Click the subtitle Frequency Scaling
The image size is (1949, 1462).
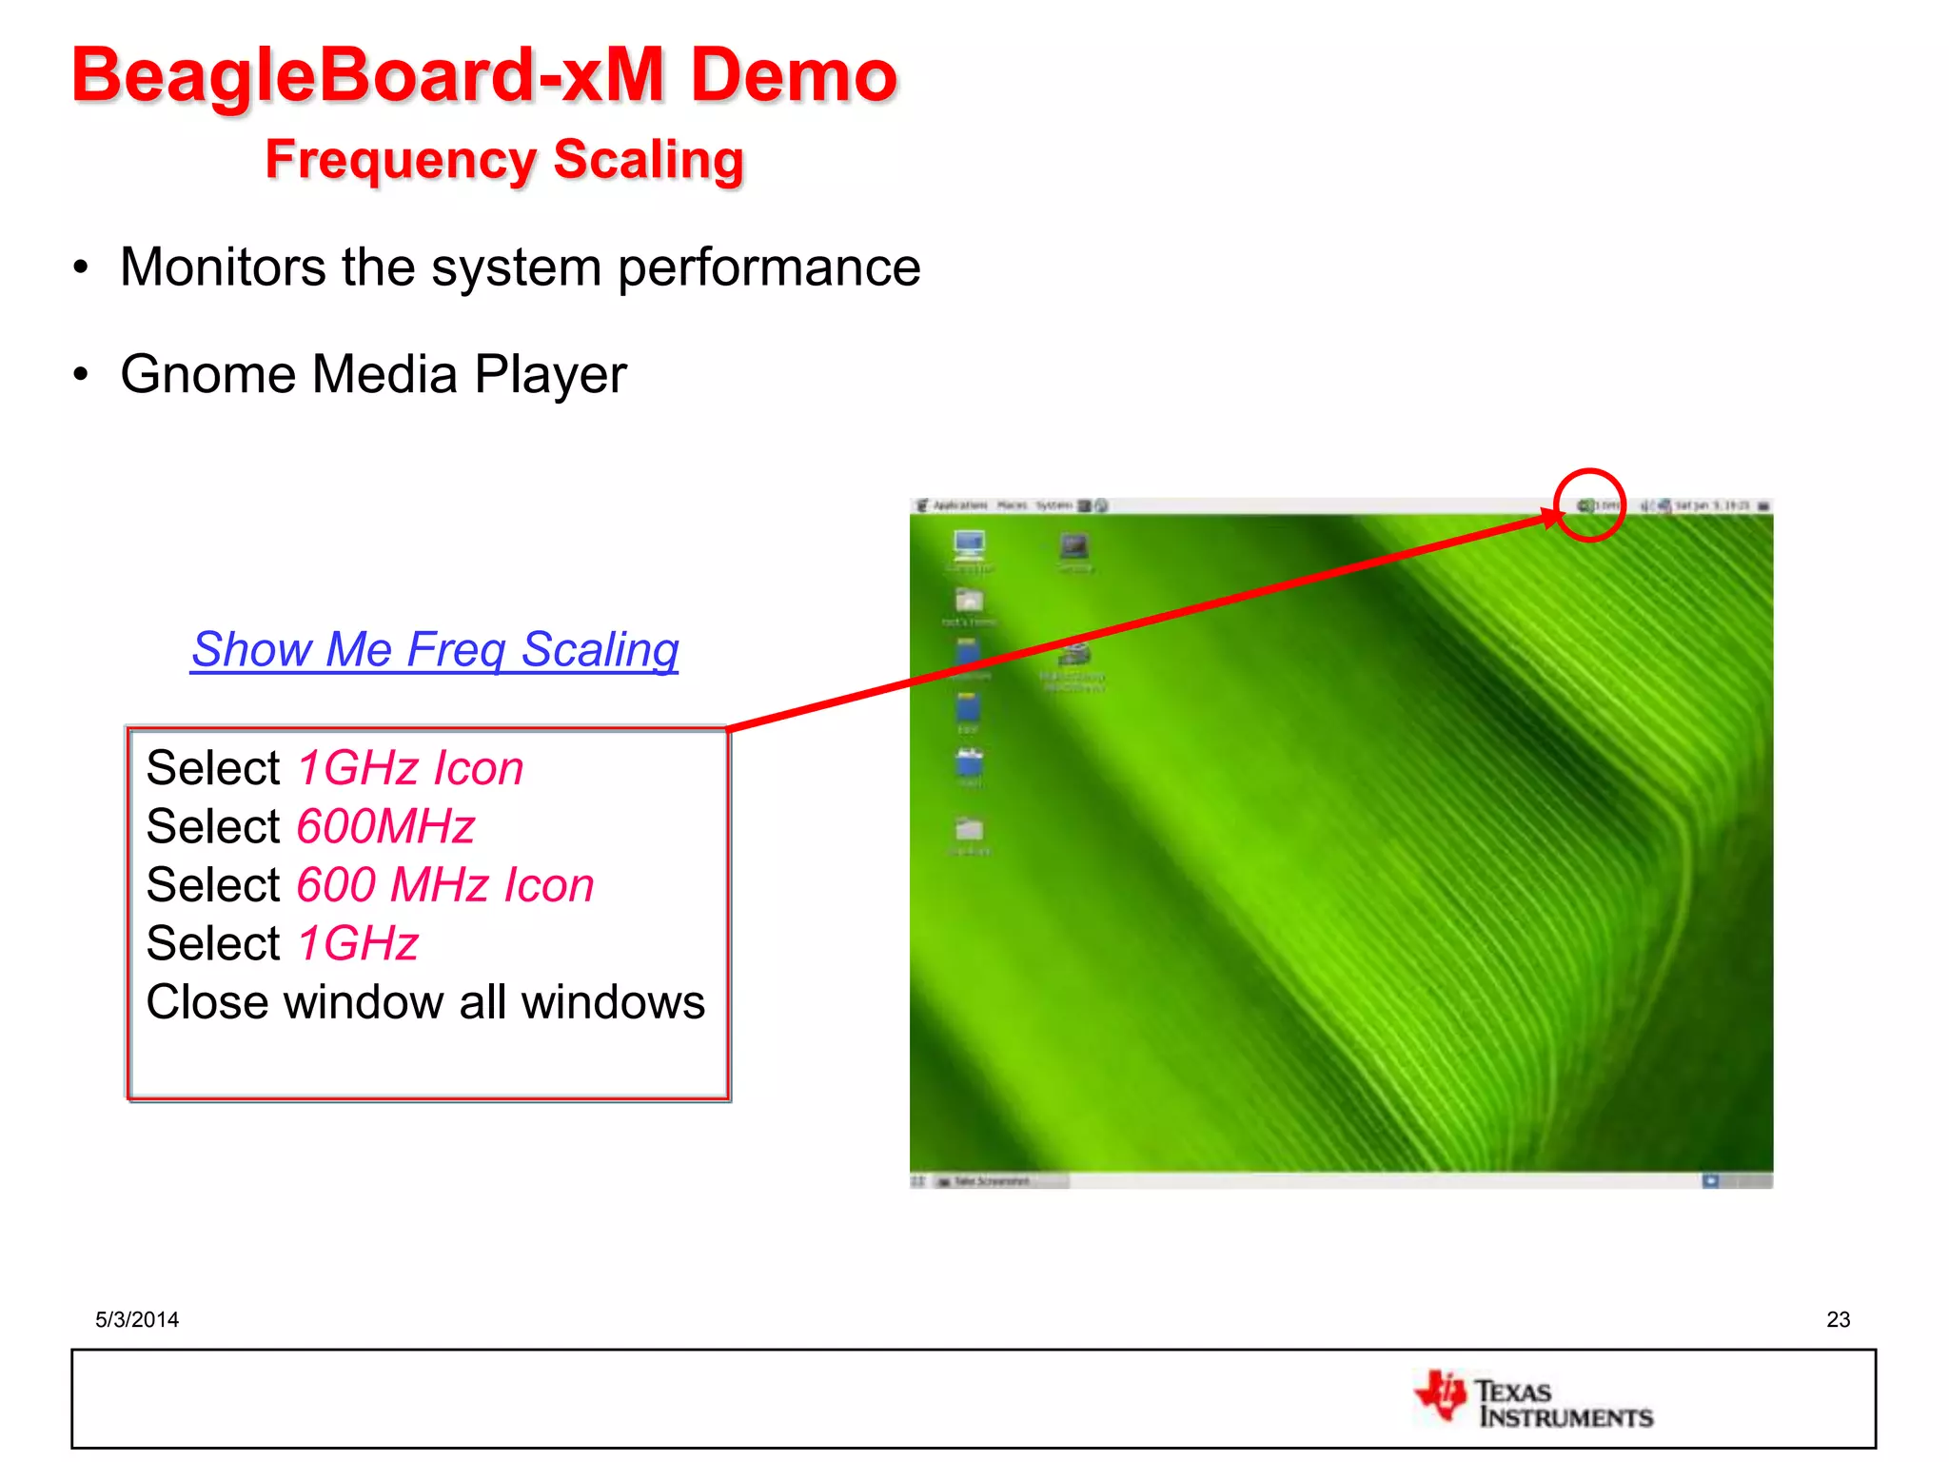(x=504, y=159)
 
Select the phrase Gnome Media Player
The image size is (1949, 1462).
(x=373, y=374)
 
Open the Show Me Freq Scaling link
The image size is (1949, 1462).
(x=435, y=649)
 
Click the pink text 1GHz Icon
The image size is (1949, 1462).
(x=410, y=768)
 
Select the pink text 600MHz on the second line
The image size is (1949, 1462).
(x=385, y=826)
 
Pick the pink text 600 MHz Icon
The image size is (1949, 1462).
(x=445, y=885)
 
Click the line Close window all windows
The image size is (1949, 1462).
(x=425, y=1002)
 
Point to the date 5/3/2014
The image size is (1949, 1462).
(x=137, y=1319)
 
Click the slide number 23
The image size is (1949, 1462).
(x=1838, y=1319)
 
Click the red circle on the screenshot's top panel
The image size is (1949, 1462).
(x=1589, y=505)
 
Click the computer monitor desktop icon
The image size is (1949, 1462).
(x=969, y=545)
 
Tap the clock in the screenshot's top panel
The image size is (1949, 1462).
(x=1712, y=505)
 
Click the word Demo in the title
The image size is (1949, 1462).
(x=793, y=76)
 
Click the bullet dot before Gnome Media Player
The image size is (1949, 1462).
(x=82, y=375)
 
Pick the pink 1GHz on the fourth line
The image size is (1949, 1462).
(x=358, y=944)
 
